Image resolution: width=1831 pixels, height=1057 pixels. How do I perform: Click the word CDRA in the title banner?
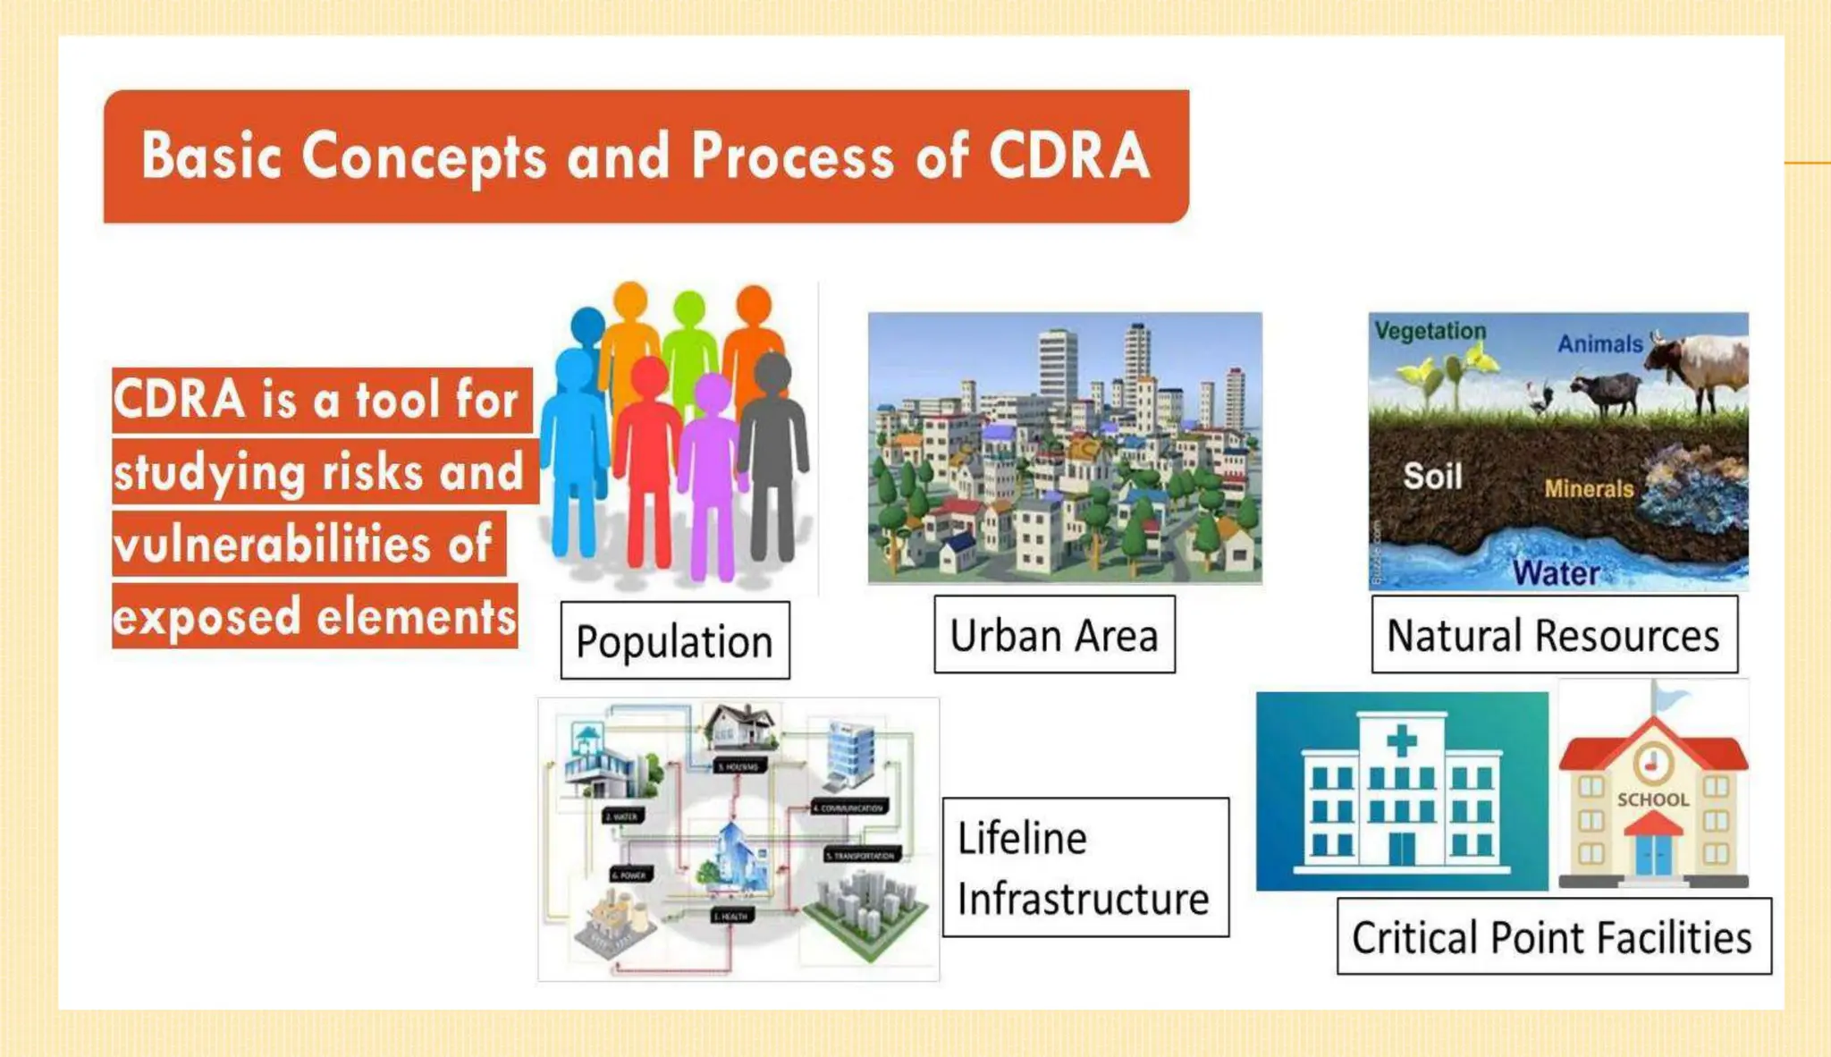point(1069,156)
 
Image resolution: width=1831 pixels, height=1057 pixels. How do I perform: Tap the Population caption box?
point(675,641)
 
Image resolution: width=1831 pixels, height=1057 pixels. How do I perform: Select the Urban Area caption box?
point(1054,635)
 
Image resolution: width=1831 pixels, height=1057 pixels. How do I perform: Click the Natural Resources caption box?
point(1554,635)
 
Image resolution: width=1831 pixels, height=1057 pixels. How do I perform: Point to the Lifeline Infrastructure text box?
point(1084,867)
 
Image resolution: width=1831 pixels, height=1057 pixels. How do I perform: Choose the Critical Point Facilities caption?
point(1553,937)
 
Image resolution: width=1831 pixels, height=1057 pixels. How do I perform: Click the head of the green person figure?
point(689,309)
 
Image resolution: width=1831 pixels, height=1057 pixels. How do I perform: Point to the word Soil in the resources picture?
point(1432,476)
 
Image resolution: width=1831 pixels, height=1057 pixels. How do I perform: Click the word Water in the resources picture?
point(1556,572)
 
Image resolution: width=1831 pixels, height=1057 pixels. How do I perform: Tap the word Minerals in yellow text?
point(1589,488)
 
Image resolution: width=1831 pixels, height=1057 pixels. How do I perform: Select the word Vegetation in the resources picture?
point(1430,331)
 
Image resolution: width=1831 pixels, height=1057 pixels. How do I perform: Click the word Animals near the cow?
point(1599,343)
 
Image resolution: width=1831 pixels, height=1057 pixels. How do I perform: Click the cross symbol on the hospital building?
point(1401,740)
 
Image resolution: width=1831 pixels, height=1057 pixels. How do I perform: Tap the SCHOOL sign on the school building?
point(1653,799)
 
